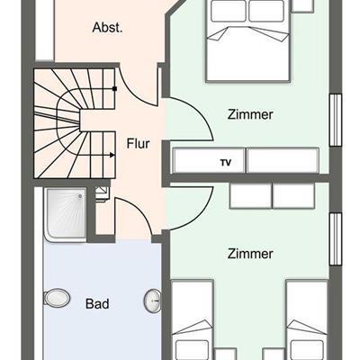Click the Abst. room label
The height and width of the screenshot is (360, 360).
(x=107, y=28)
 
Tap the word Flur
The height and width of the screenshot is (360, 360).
(x=138, y=144)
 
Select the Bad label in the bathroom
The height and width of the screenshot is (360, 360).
(x=97, y=303)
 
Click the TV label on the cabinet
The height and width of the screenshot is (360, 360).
(x=226, y=163)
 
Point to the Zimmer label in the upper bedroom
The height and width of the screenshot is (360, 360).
(x=250, y=114)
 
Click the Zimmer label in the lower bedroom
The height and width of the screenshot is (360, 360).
(x=250, y=254)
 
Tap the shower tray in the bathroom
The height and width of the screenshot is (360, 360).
(x=66, y=214)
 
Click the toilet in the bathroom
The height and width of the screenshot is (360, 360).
(x=57, y=298)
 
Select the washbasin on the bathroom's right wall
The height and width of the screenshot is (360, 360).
(x=153, y=301)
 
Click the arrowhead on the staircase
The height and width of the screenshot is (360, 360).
(x=112, y=155)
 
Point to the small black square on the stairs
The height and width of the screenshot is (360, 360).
(x=114, y=88)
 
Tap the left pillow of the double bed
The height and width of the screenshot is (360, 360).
(x=229, y=11)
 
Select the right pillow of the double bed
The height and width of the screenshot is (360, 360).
(x=266, y=11)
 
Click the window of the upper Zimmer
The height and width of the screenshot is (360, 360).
(x=336, y=120)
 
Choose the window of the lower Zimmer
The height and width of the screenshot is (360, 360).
(x=336, y=239)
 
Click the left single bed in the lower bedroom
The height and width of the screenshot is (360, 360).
(x=192, y=319)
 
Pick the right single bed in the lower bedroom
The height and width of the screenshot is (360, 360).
(x=307, y=319)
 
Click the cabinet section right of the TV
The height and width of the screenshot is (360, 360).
(x=283, y=160)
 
